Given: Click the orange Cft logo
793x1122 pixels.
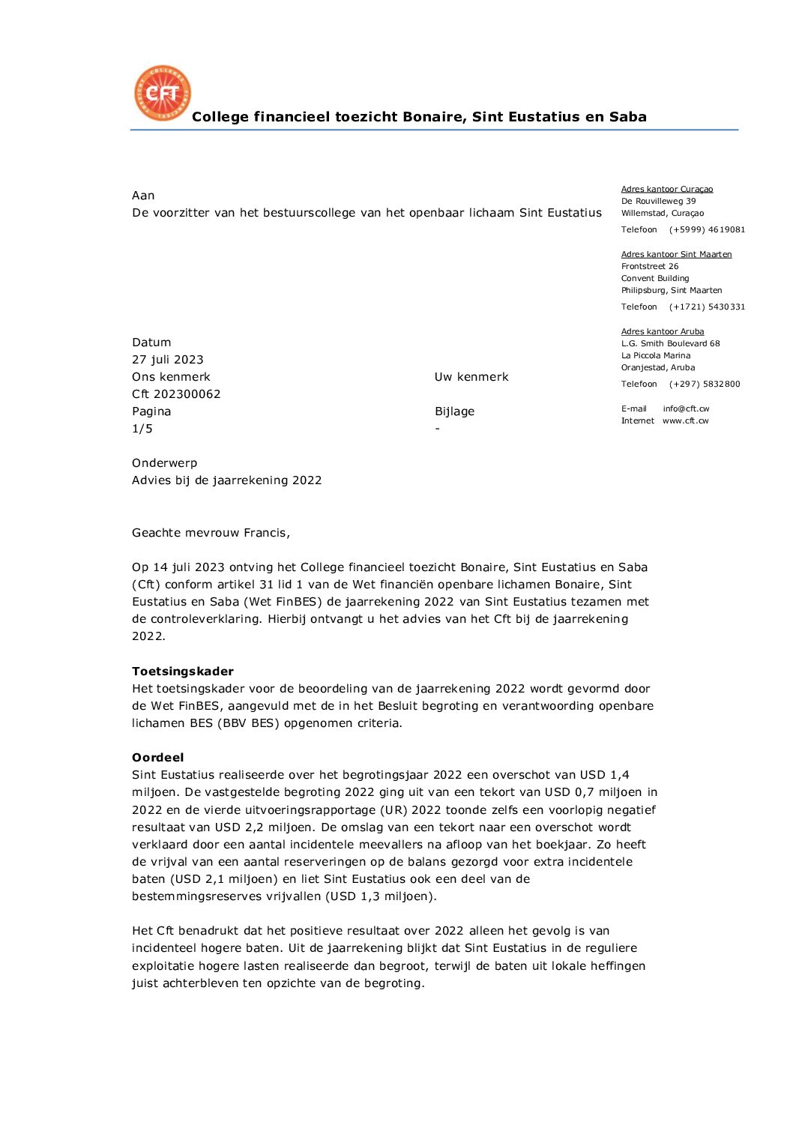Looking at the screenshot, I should tap(162, 93).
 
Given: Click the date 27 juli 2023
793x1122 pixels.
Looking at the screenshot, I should tap(167, 360).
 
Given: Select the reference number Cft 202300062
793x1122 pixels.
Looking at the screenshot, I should tap(176, 394).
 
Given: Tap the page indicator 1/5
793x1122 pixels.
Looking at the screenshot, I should tap(142, 429).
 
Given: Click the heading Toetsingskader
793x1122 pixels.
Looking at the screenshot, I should tap(182, 672).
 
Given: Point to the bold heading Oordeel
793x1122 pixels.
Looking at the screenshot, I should tap(157, 758).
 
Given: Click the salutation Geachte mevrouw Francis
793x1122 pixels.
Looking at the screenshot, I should tap(211, 533).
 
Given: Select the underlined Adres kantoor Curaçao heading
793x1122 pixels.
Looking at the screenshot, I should tap(666, 189).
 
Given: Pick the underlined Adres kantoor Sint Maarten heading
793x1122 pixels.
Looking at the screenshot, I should tap(676, 254).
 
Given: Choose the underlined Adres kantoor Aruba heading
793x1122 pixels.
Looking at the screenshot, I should tap(662, 331).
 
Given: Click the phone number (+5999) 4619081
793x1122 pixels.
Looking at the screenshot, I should tap(707, 229).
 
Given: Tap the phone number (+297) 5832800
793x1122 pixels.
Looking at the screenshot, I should tap(704, 384).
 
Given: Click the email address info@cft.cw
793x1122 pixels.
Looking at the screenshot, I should tap(685, 408).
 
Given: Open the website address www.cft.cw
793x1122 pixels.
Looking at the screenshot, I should tap(685, 420).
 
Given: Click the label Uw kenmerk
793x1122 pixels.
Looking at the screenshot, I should tap(471, 377).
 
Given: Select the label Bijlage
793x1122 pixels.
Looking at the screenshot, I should tap(454, 411).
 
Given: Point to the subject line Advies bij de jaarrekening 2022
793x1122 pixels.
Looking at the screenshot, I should tap(226, 480).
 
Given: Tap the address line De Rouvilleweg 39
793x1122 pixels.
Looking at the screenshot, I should tap(658, 201).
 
